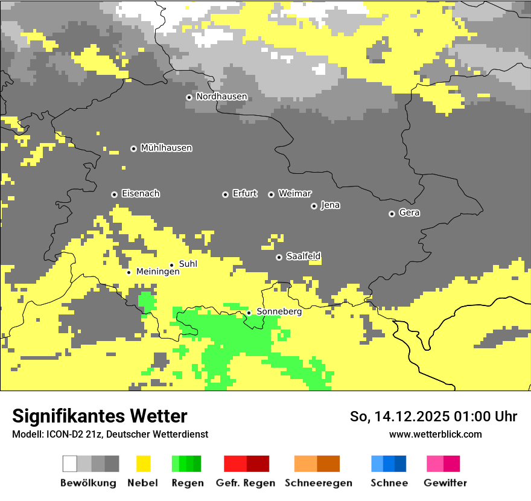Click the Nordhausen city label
221,97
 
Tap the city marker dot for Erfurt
225,194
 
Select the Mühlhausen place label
166,148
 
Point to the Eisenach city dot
114,194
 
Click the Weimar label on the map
294,194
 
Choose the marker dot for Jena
314,206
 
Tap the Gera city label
409,213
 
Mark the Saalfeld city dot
279,257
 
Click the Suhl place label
188,264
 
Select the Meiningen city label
157,272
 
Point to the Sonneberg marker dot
249,313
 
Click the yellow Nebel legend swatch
143,464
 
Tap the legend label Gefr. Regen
246,483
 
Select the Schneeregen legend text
318,483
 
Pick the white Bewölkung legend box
70,464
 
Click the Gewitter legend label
445,483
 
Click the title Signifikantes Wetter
100,416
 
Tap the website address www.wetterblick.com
435,434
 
